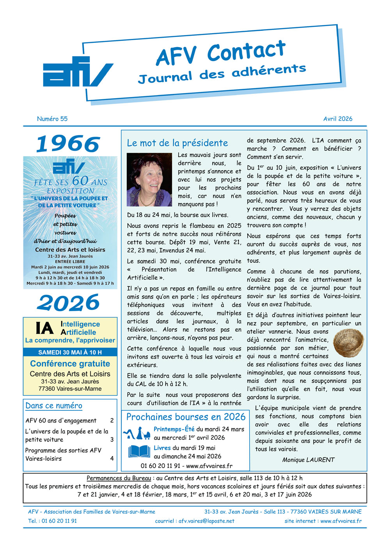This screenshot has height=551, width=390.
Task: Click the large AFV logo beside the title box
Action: tap(77, 72)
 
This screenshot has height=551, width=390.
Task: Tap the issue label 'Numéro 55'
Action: tap(52, 119)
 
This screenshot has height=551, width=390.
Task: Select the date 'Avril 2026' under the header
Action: tap(338, 119)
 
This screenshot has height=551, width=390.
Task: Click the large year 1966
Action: tap(68, 144)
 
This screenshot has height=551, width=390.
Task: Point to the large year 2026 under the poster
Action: tap(69, 303)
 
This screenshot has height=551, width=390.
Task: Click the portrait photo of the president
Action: tap(149, 180)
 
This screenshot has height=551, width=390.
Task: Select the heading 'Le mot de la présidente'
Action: tap(177, 143)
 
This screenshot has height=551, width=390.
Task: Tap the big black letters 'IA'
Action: tap(44, 328)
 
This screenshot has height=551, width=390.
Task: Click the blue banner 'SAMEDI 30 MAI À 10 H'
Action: tap(70, 352)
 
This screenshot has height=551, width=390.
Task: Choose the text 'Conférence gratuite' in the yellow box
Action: tap(70, 364)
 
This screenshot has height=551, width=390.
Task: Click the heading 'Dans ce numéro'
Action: tap(54, 406)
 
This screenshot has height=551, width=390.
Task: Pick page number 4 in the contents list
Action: tap(112, 458)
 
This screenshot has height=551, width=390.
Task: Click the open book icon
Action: tap(139, 452)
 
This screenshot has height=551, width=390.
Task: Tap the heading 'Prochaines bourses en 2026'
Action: tap(186, 417)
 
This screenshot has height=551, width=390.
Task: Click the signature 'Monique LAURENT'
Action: tap(308, 460)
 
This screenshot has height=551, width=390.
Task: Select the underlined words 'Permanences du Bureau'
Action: tap(119, 478)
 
